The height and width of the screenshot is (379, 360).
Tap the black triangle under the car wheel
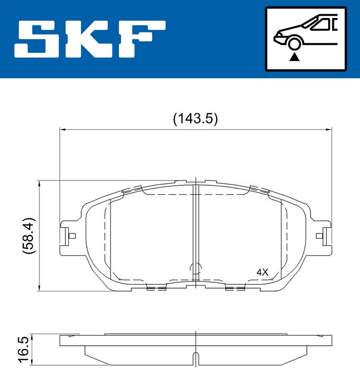pos(295,57)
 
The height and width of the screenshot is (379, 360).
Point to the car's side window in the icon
pos(321,25)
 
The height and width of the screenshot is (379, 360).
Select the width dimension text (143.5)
pos(195,119)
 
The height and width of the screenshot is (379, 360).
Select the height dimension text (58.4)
pos(29,235)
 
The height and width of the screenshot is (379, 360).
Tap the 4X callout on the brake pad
pos(262,272)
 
